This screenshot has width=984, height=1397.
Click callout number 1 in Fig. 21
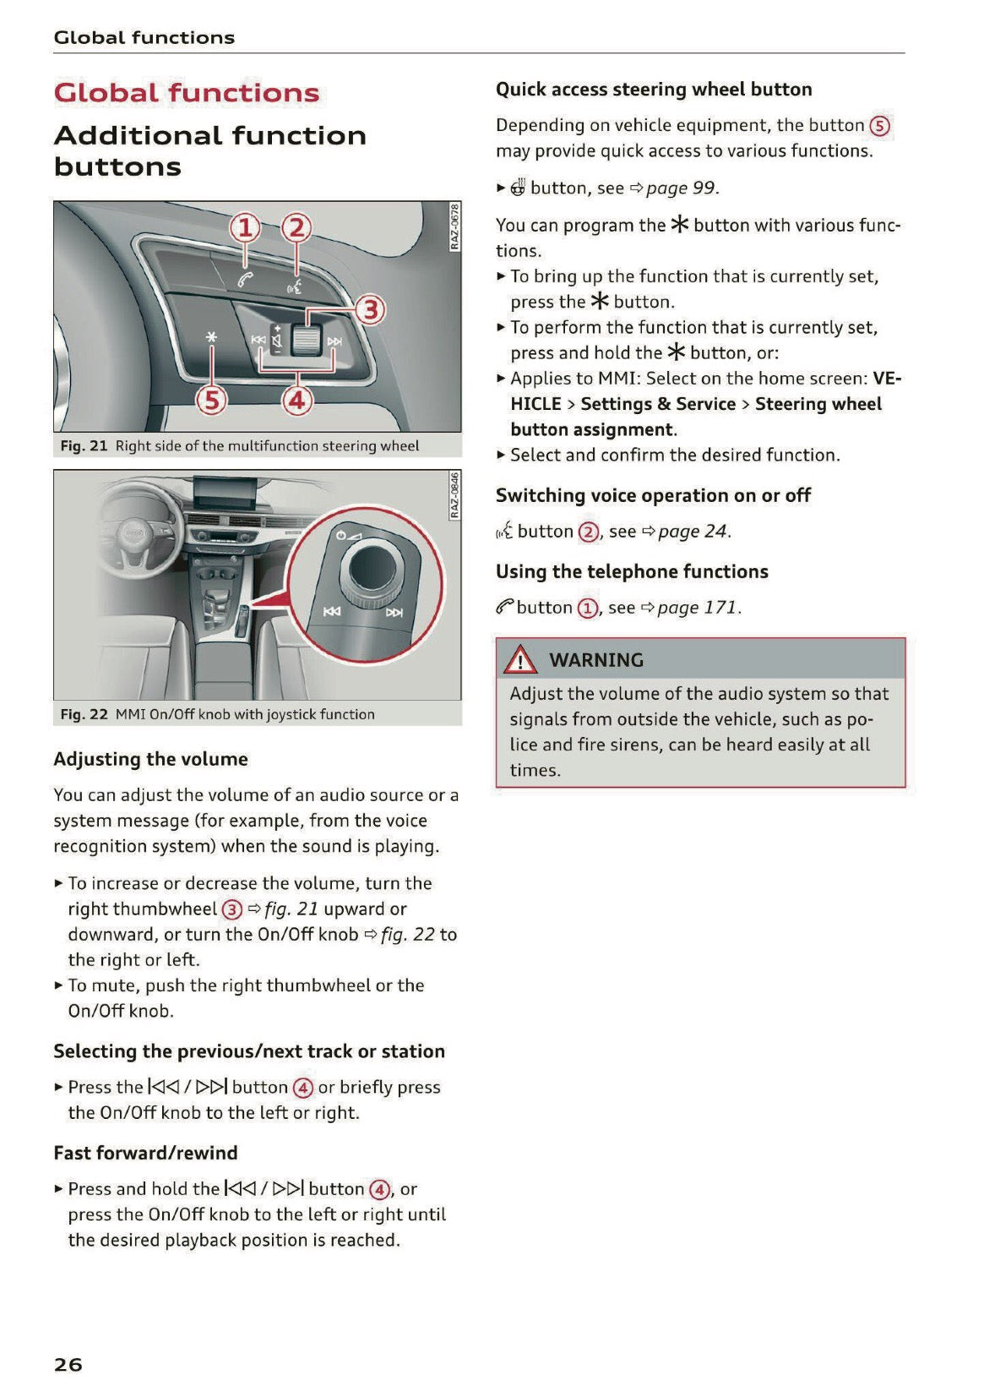tap(245, 228)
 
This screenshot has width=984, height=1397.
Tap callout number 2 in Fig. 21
tap(296, 228)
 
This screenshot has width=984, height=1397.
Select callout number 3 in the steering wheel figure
tap(370, 310)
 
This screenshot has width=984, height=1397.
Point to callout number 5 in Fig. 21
tap(211, 400)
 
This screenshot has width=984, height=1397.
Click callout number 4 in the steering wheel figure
tap(296, 400)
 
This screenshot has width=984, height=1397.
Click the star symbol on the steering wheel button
tap(211, 337)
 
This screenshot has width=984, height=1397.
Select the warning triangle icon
tap(520, 659)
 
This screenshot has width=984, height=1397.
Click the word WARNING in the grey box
tap(596, 660)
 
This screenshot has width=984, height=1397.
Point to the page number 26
tap(68, 1364)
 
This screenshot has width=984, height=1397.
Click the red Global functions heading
tap(187, 93)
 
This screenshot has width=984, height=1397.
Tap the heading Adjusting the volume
tap(150, 759)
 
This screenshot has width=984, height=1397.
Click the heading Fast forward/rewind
tap(145, 1153)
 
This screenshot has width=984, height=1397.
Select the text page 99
tap(681, 188)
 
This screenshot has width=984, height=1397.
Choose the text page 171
tap(698, 608)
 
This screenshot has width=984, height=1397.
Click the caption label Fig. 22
tap(84, 714)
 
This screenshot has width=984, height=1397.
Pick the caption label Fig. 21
tap(84, 445)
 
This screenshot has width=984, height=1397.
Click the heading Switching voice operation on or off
tap(653, 495)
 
